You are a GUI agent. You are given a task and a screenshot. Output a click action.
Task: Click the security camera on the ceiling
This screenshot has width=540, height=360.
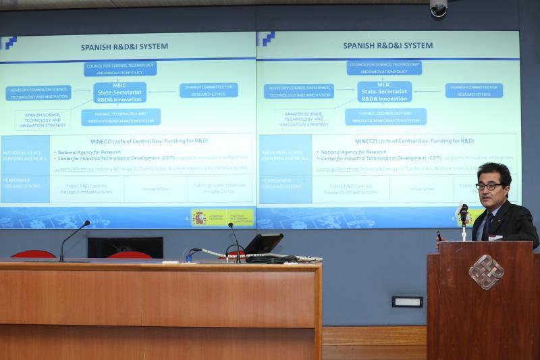(x=438, y=7)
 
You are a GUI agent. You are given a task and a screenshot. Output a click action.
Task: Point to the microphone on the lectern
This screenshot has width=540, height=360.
(x=463, y=215)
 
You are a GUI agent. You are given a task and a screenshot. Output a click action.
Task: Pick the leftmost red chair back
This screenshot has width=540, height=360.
(x=33, y=255)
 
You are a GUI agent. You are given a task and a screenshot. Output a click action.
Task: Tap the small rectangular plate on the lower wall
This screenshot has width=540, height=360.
(x=407, y=301)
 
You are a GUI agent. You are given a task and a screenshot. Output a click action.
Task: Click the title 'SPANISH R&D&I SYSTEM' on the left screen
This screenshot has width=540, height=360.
(x=124, y=47)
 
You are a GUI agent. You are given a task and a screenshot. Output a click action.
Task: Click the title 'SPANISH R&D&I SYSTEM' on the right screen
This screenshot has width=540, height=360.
(x=387, y=46)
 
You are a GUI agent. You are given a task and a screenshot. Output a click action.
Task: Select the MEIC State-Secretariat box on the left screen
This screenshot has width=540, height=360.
(x=119, y=93)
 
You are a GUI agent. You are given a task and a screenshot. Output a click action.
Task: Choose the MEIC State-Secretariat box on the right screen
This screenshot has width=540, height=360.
(x=384, y=91)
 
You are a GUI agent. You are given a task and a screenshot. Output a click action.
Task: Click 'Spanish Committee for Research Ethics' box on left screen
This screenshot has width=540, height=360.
(x=209, y=91)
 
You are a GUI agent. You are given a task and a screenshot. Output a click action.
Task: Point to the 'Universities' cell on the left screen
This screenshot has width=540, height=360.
(x=155, y=189)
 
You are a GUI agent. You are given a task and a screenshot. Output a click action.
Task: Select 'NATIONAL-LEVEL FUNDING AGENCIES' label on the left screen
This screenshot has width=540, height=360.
(x=24, y=154)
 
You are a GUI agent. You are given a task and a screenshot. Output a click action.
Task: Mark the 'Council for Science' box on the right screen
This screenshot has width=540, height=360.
(x=384, y=68)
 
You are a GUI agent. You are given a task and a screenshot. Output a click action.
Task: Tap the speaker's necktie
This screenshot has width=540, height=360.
(x=486, y=226)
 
